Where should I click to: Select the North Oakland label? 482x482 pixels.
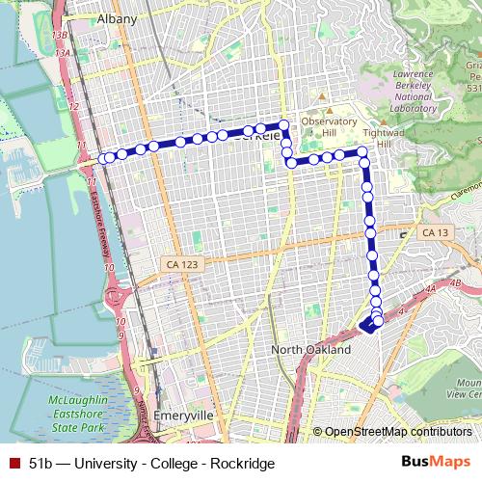(x=310, y=350)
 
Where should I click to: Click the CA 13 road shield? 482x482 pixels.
(x=435, y=232)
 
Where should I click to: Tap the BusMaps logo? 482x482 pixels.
(x=435, y=462)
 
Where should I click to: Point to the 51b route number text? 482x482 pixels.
(x=40, y=463)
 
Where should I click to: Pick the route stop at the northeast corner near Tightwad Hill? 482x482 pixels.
(x=362, y=152)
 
